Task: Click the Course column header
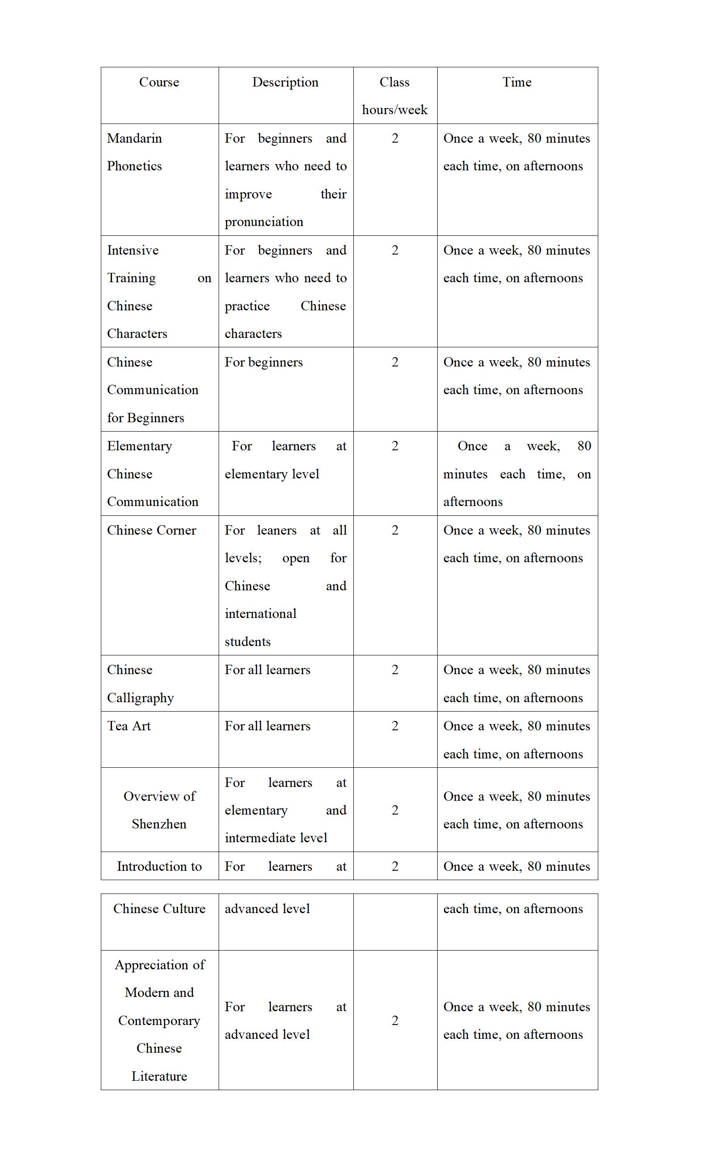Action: tap(159, 82)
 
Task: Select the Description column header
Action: tap(285, 82)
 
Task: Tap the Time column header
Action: tap(517, 82)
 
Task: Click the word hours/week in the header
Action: tap(395, 110)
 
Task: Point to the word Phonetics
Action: tap(134, 166)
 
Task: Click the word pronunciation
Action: tap(264, 222)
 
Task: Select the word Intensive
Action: tap(133, 250)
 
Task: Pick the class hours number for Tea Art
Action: tap(395, 726)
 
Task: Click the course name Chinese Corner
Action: tap(151, 530)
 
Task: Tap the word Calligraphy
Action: tap(141, 698)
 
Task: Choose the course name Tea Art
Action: tap(129, 726)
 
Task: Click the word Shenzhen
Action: tap(159, 824)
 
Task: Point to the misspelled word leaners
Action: tap(277, 530)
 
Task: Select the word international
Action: tap(260, 613)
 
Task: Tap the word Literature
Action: tap(159, 1077)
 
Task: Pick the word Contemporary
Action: tap(159, 1021)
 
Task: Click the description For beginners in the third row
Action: tap(264, 362)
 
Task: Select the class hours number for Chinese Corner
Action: tap(395, 530)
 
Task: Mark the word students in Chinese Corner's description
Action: tap(248, 642)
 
